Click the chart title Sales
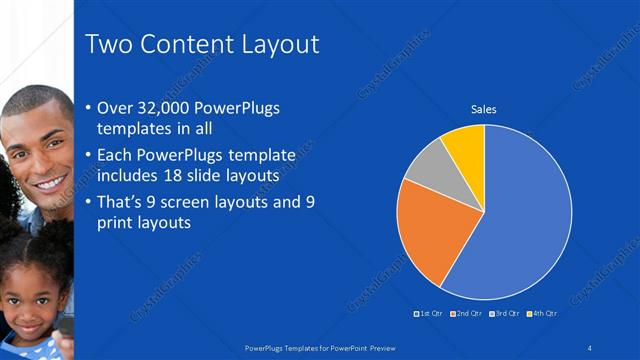[x=484, y=110]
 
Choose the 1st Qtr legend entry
[x=431, y=313]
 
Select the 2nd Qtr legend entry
[x=467, y=313]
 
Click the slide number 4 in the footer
[x=590, y=347]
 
